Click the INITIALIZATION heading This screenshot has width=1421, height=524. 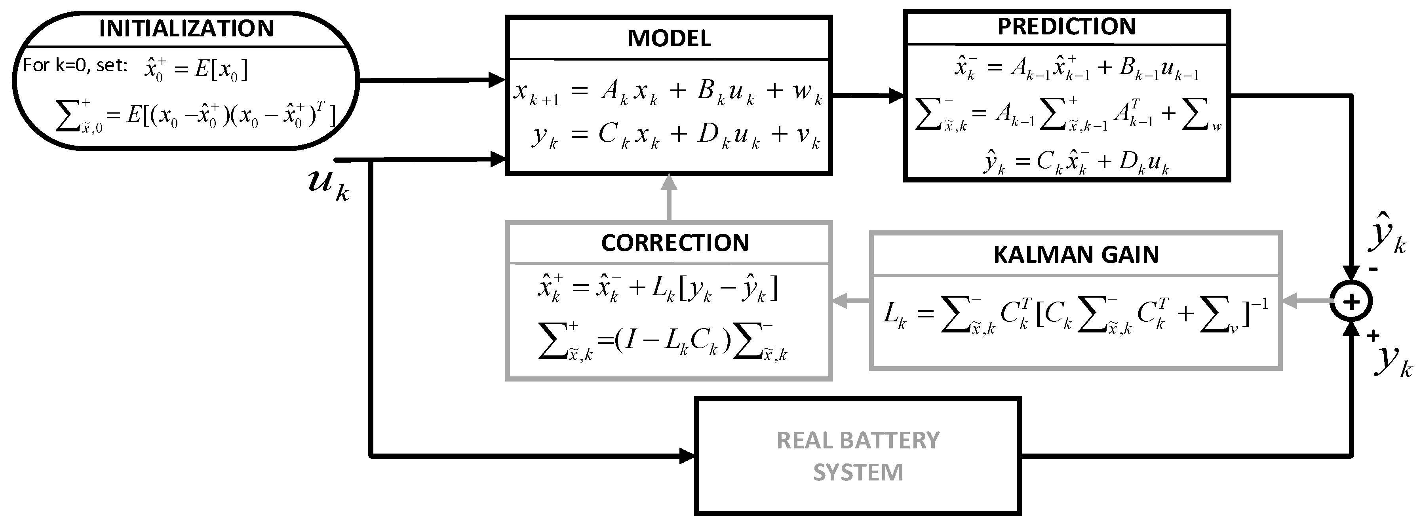(186, 28)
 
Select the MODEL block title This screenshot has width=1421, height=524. (669, 39)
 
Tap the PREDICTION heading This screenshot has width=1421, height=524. (1066, 27)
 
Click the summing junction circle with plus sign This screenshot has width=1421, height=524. (1351, 301)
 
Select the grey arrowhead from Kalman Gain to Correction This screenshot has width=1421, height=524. (841, 301)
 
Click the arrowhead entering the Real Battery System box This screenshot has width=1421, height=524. (687, 456)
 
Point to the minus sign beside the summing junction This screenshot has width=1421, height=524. (1373, 269)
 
